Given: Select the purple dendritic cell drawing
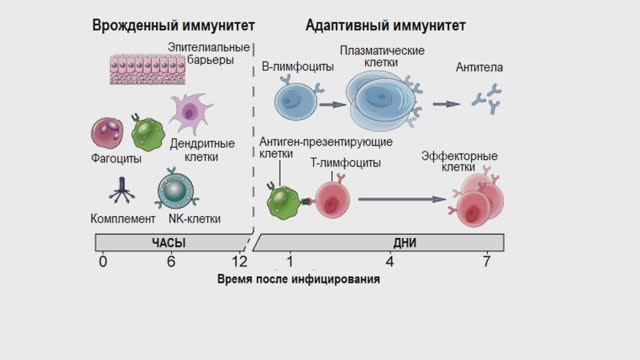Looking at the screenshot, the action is click(187, 113).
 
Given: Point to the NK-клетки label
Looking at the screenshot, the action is click(195, 218).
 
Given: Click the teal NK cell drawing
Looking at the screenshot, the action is click(175, 188).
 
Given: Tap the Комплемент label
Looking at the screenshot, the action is click(123, 218).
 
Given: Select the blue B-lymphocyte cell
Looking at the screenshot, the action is click(295, 101).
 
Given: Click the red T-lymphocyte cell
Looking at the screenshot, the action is click(331, 197).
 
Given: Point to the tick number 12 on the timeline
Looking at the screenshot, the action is click(240, 262).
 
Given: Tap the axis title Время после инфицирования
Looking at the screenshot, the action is click(299, 280).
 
